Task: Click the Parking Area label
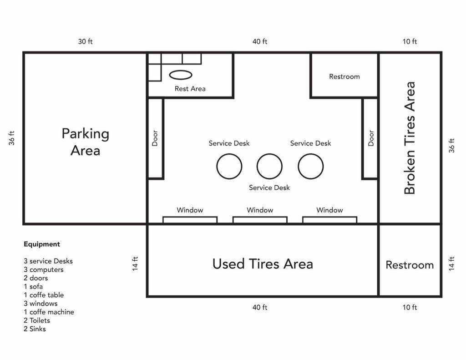85,142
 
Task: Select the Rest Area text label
190,89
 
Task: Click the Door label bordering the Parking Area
155,138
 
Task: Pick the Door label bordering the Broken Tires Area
371,138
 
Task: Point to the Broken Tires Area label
410,138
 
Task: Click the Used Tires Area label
263,264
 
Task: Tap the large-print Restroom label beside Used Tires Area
410,265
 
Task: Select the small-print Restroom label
344,76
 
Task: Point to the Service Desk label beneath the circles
269,188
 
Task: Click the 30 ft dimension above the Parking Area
85,41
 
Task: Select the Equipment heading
42,244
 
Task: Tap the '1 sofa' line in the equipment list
33,287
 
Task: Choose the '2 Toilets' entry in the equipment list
37,320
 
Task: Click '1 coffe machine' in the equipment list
49,312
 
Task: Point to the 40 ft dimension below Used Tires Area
260,307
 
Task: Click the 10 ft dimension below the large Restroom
410,307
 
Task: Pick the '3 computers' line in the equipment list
44,269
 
